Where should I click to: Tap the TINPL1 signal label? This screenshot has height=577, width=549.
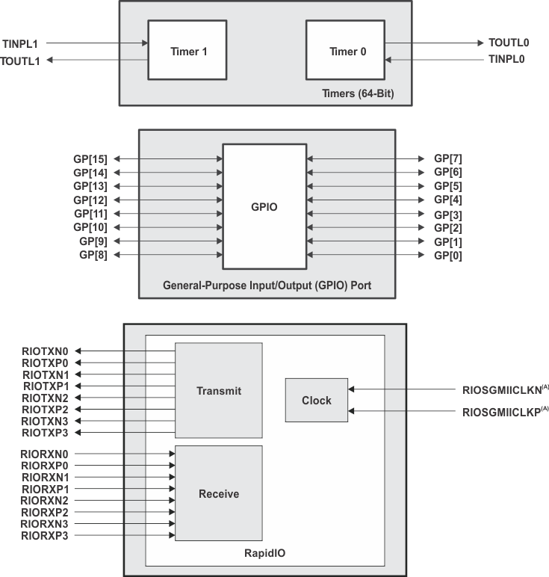coord(20,43)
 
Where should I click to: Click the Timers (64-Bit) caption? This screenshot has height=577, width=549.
coord(369,93)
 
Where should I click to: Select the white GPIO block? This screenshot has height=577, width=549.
coord(264,206)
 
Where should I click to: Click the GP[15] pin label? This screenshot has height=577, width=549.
coord(90,158)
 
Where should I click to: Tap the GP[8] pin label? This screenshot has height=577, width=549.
coord(93,256)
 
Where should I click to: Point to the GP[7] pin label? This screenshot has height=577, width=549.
coord(448,158)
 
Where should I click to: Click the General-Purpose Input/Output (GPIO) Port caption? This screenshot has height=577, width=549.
coord(267,286)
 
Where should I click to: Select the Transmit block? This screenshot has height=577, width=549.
coord(218,390)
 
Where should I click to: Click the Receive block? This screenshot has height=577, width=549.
coord(218,493)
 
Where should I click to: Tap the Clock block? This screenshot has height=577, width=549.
coord(316,400)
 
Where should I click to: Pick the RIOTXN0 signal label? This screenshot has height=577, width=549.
coord(46,351)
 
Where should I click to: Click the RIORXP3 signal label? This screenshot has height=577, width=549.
coord(45,536)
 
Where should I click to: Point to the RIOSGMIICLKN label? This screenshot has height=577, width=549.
coord(502,389)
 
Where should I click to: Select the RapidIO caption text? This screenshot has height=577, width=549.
coord(265,554)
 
